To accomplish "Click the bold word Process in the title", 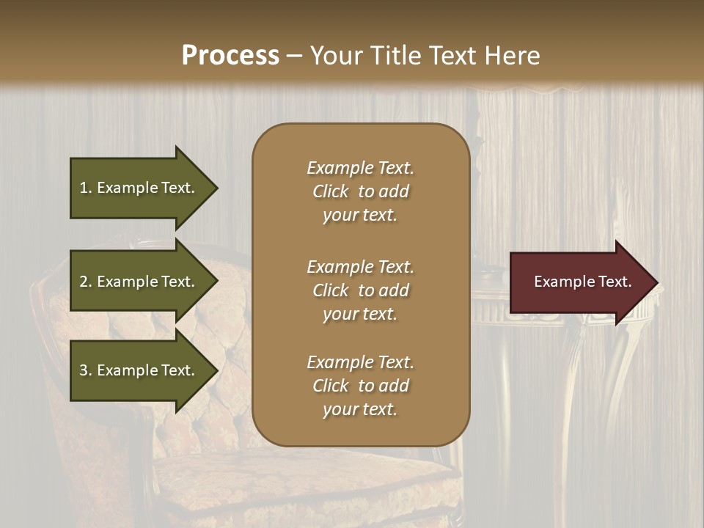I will (230, 56).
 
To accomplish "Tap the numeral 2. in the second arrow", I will (86, 282).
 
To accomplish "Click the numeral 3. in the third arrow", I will (86, 370).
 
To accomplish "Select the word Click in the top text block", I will (331, 191).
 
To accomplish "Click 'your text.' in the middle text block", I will (359, 314).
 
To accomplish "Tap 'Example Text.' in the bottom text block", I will (360, 362).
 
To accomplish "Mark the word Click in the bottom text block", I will (331, 386).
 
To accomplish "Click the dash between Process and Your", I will (294, 56).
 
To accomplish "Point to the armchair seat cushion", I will (293, 477).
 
